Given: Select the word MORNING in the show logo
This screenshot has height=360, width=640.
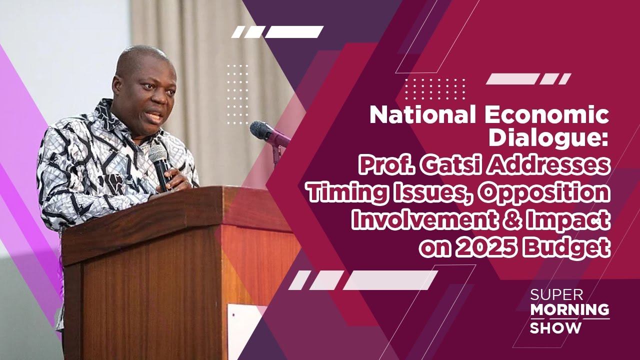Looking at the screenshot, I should point(569,310).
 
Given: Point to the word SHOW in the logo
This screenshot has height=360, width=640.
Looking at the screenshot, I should point(556,328).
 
